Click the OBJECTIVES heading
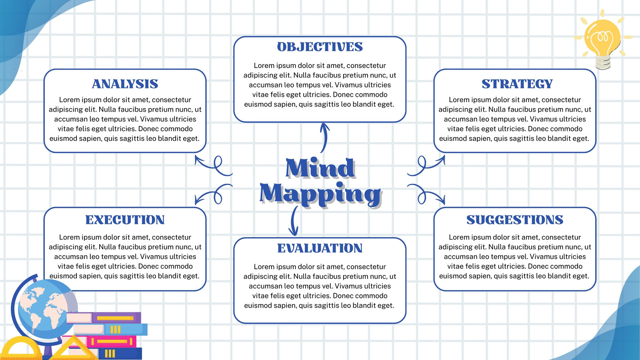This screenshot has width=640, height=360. [320, 47]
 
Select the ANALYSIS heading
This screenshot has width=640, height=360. [125, 84]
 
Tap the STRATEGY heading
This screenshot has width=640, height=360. [517, 84]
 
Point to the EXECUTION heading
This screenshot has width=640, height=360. [125, 220]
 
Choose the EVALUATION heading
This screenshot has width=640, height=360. [320, 248]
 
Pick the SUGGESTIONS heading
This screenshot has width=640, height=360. [515, 220]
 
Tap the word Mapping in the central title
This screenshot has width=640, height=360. [320, 194]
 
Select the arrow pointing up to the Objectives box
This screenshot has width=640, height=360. [324, 138]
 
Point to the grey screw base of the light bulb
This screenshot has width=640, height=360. [603, 62]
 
